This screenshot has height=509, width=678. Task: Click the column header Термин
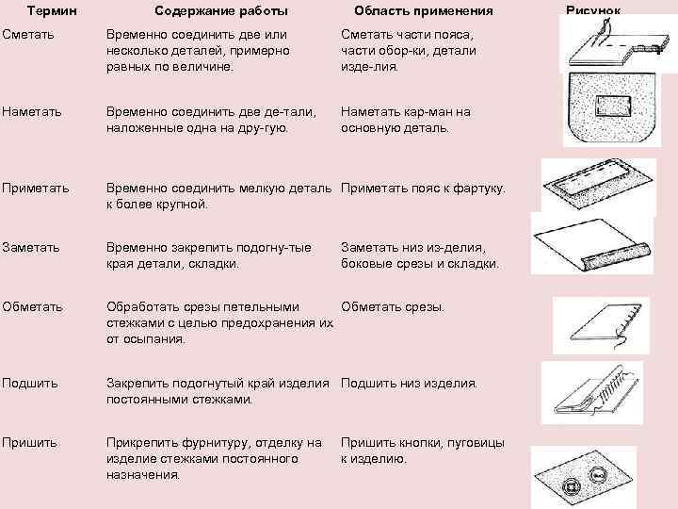point(53,10)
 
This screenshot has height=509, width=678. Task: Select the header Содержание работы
point(221,10)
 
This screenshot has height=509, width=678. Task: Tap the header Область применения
point(423,10)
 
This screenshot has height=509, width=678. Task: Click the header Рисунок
point(593,9)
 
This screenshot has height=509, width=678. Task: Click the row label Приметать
point(36,189)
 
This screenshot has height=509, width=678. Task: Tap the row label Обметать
point(33,306)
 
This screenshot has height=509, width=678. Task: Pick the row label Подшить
point(30,383)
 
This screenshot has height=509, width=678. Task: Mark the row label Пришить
point(30,442)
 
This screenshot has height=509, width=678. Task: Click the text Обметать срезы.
point(393,306)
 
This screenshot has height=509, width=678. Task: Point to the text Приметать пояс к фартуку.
point(423,189)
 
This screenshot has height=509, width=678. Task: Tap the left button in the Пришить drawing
point(568,485)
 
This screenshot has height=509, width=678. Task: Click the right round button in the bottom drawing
point(599,476)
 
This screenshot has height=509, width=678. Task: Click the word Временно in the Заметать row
point(136,247)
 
